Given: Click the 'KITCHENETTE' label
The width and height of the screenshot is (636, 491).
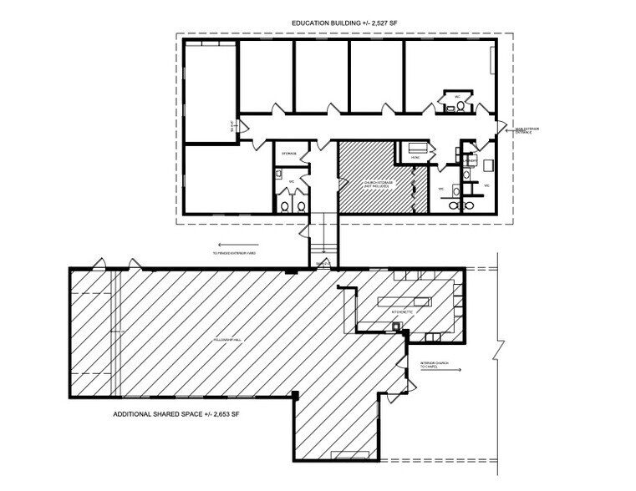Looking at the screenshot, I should coord(403,311).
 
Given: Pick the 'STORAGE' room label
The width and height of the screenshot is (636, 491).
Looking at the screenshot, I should coord(289,154).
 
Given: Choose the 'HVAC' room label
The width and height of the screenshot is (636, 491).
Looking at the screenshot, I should coord(415,157).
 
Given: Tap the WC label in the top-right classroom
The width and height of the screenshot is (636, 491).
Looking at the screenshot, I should coord(458,96).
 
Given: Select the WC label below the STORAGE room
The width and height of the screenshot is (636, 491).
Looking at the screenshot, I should coord(291,180).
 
